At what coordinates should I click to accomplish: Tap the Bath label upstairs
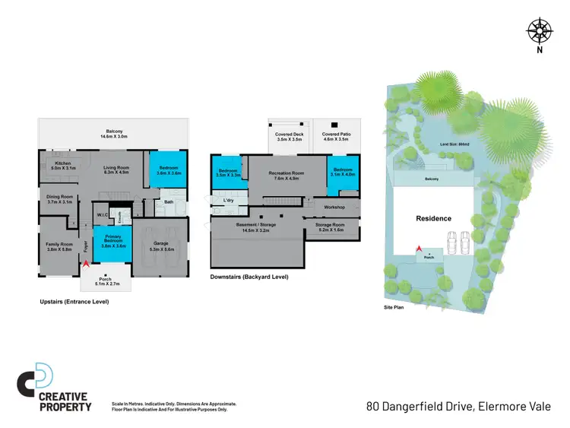coord(169,202)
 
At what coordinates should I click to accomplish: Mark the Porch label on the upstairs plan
coord(106,280)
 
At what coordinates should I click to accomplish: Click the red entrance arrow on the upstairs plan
coord(86,263)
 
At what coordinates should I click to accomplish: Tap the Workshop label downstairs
coord(334,207)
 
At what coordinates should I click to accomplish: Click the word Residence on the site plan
coord(433,218)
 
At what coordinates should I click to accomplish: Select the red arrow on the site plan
coord(417,248)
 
